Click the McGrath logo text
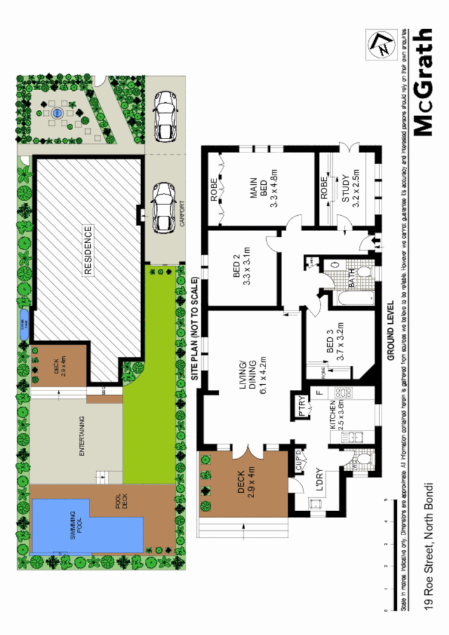pos(424,82)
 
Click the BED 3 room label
pos(335,346)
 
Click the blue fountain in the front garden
pos(57,114)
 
